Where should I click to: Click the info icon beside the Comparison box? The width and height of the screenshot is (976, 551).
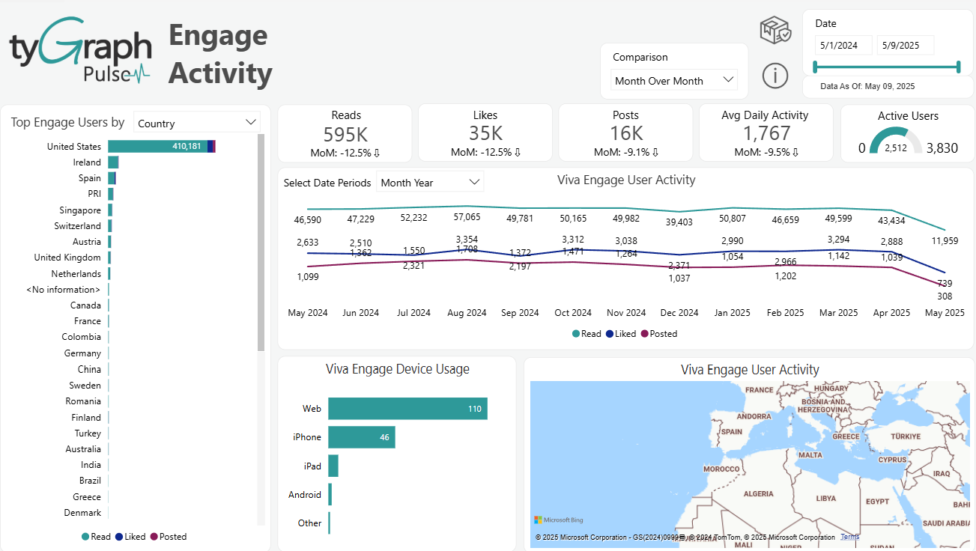coord(775,75)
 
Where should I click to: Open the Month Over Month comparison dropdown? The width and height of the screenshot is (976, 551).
coord(674,80)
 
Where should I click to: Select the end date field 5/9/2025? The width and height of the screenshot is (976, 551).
coord(905,45)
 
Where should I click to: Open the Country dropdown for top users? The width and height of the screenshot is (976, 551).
coord(196,124)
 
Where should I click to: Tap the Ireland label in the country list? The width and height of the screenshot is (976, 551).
coord(87,162)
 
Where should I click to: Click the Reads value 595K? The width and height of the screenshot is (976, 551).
coord(345,133)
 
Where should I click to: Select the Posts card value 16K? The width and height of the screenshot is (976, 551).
coord(626,133)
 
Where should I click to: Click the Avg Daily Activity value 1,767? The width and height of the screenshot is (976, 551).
coord(766,133)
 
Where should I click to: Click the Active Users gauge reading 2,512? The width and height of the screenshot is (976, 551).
coord(896,148)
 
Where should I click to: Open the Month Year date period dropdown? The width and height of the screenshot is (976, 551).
coord(430,183)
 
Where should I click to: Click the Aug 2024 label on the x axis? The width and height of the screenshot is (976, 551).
coord(467,313)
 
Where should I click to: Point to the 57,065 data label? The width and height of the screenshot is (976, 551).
coord(467,218)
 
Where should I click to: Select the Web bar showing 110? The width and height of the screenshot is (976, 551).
coord(407,409)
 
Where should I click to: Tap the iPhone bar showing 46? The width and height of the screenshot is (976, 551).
coord(361,437)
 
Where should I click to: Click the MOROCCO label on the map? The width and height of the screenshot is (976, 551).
coord(722,469)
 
